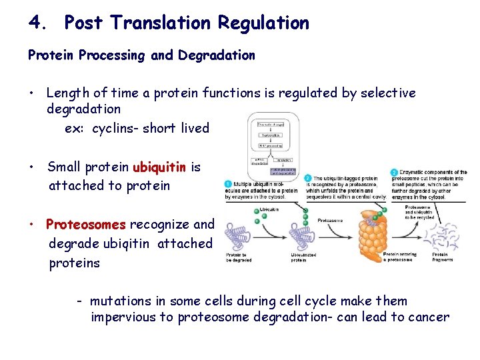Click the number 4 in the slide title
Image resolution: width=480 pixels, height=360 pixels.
tap(35, 23)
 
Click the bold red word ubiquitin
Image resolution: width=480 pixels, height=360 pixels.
tap(160, 167)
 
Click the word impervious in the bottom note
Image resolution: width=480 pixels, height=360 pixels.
tap(123, 317)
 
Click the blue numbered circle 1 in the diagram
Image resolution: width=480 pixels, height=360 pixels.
tap(228, 183)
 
